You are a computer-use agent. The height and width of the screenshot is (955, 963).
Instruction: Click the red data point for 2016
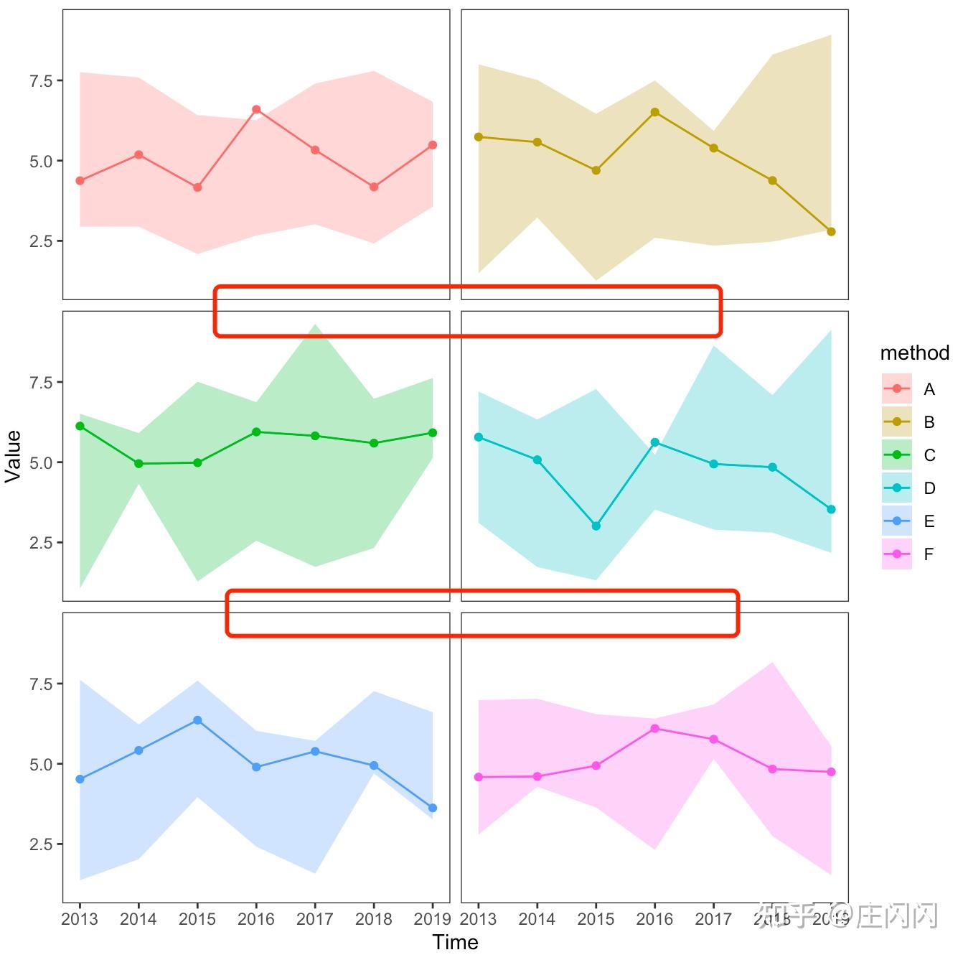256,110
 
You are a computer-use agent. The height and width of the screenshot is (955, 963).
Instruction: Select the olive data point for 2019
831,232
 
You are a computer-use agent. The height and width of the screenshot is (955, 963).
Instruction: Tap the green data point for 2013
80,427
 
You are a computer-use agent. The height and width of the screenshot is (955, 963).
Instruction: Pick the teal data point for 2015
596,526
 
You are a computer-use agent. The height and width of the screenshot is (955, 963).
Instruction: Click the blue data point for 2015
197,720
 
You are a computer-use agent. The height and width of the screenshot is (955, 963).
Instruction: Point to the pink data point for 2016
654,729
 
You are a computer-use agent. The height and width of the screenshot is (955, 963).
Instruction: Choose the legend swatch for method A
896,389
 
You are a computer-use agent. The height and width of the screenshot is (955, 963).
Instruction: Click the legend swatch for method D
896,488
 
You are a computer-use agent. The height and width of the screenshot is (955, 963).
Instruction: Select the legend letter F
929,554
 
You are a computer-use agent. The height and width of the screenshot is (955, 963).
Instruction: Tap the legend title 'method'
914,353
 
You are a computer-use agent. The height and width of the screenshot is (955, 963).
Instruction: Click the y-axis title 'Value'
13,456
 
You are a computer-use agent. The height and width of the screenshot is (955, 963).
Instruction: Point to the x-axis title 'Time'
455,942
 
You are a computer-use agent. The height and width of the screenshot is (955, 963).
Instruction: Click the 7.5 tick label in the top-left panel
41,81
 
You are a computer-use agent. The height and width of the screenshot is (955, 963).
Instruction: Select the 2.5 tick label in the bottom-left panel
41,844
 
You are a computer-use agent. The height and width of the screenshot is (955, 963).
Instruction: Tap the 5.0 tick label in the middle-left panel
41,463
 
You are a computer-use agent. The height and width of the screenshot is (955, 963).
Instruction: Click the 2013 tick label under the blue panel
80,919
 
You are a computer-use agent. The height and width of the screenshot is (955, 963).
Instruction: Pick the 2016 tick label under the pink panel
654,919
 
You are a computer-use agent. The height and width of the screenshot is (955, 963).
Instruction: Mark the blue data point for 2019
433,809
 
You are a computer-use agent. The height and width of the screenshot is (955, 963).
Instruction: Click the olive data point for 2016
654,113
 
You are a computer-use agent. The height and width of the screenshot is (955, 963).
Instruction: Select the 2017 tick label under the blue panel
315,919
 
